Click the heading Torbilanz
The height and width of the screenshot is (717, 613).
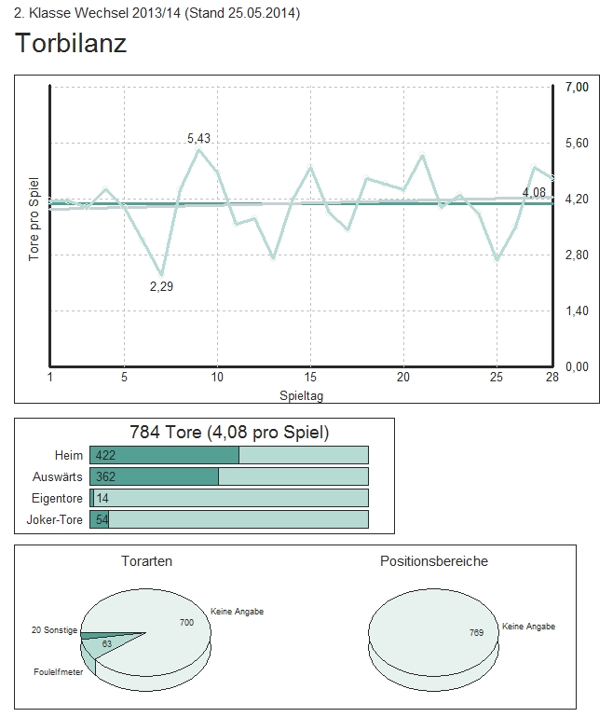(71, 44)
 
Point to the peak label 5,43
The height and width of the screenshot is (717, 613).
(198, 138)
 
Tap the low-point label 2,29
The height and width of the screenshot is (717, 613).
(161, 286)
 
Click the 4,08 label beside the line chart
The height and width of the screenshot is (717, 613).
(534, 193)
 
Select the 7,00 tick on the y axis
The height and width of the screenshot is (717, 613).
(578, 87)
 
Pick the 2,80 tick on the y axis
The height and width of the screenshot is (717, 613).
(578, 255)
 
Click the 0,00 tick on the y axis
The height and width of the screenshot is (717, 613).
(578, 366)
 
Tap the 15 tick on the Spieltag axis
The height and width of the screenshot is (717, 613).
(310, 377)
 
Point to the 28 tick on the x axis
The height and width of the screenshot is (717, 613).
(552, 377)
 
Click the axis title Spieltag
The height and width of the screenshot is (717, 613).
(302, 395)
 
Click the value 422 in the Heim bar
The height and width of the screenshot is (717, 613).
(105, 455)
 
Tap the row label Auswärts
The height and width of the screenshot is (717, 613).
(58, 476)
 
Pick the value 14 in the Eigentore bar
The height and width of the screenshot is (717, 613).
(102, 498)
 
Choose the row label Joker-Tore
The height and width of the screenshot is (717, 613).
(55, 519)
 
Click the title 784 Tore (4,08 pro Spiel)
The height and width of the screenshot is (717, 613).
(228, 433)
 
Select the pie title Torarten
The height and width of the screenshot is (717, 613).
(146, 561)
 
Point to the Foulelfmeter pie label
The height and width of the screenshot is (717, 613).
(58, 671)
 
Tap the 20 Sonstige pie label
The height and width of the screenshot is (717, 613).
(54, 631)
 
